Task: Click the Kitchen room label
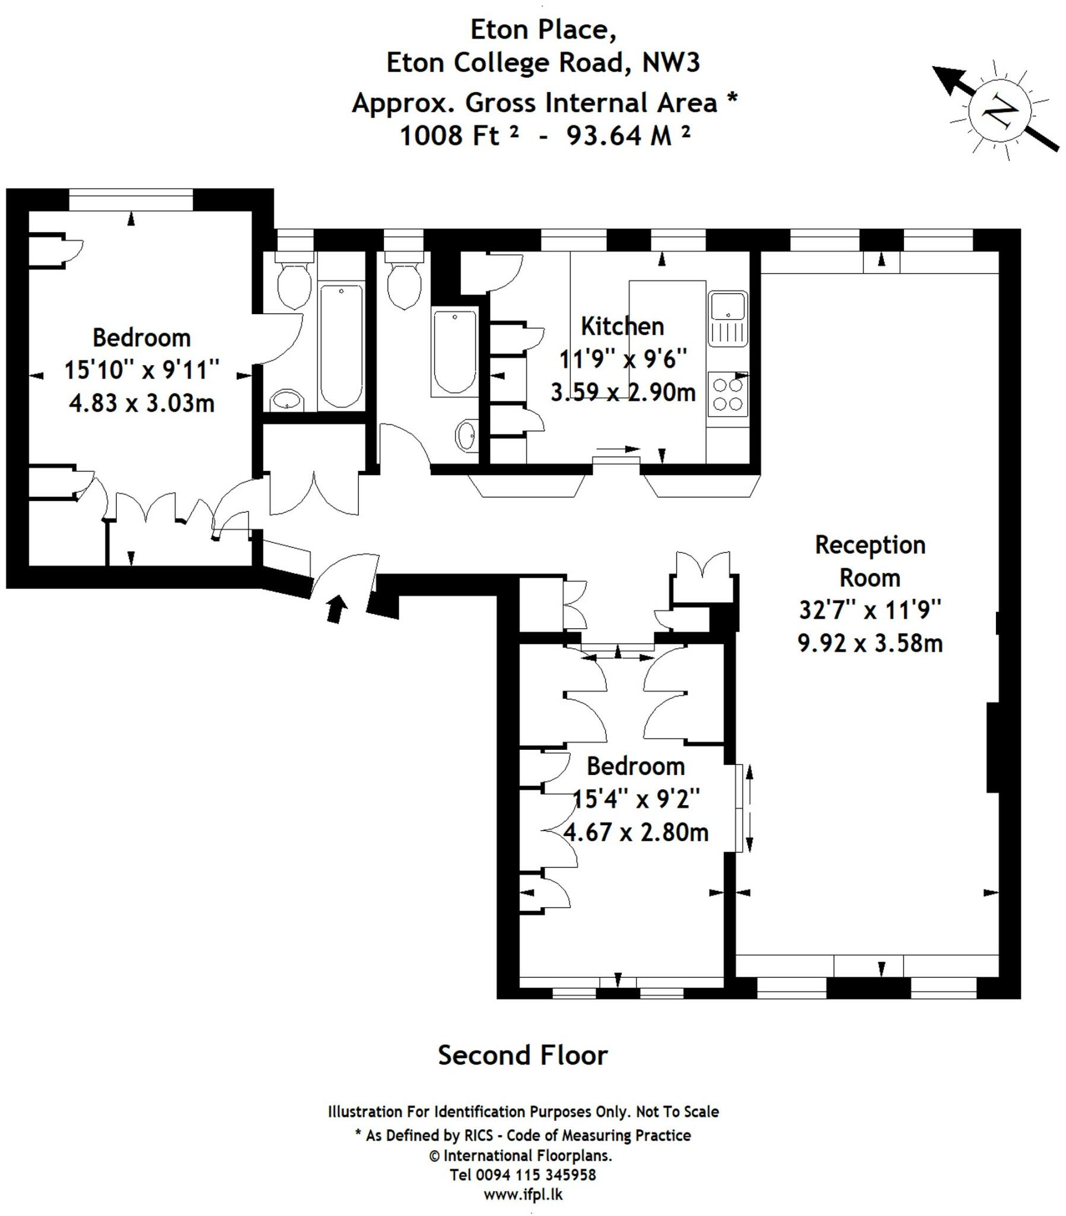pyautogui.click(x=622, y=326)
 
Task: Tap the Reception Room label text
pyautogui.click(x=870, y=561)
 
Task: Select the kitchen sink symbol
pyautogui.click(x=728, y=318)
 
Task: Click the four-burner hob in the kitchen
pyautogui.click(x=728, y=394)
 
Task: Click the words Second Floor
pyautogui.click(x=523, y=1055)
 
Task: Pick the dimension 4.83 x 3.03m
pyautogui.click(x=142, y=403)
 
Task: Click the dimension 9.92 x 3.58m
pyautogui.click(x=870, y=643)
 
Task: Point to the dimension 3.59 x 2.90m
pyautogui.click(x=622, y=392)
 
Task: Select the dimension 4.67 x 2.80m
pyautogui.click(x=635, y=832)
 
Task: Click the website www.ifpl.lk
pyautogui.click(x=523, y=1195)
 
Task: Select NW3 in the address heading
pyautogui.click(x=672, y=62)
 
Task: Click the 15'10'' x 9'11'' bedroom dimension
pyautogui.click(x=142, y=369)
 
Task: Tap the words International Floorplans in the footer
pyautogui.click(x=527, y=1155)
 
